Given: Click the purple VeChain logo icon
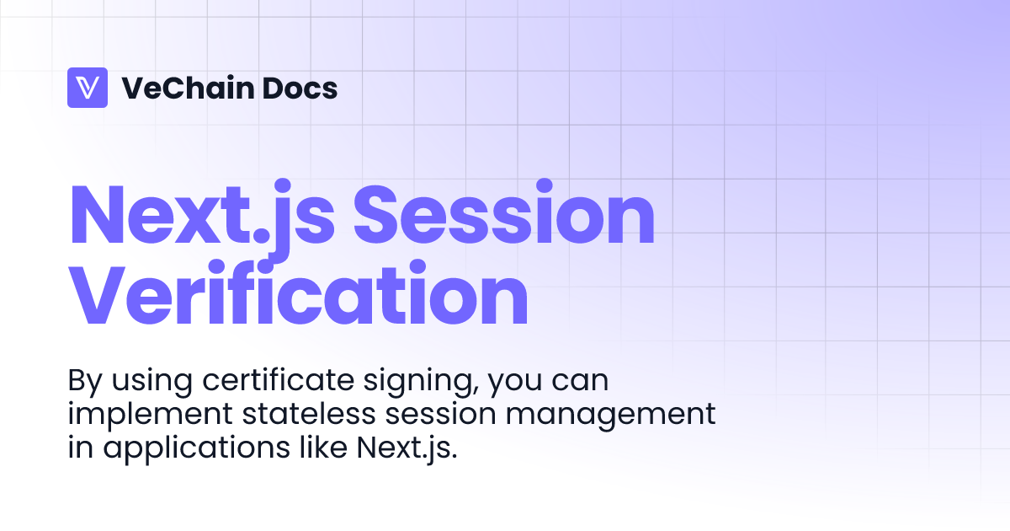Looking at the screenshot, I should pyautogui.click(x=88, y=88).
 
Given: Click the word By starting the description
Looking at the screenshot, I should pyautogui.click(x=84, y=382).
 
